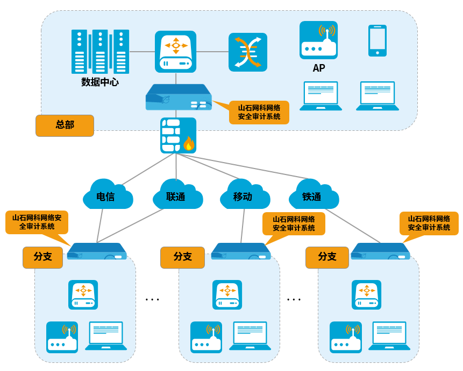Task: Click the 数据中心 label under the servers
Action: click(x=100, y=82)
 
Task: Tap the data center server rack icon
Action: click(x=100, y=52)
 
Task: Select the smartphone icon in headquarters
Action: click(x=377, y=40)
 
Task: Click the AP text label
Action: click(x=319, y=68)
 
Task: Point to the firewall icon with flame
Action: click(x=178, y=136)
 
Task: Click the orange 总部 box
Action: click(x=65, y=125)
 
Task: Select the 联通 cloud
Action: click(x=176, y=196)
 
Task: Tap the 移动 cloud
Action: click(x=243, y=196)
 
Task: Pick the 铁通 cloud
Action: click(x=312, y=196)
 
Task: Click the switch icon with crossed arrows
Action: click(x=248, y=52)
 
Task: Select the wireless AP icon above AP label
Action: click(x=318, y=40)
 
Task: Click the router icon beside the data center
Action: click(x=176, y=52)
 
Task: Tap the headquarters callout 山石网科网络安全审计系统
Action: click(x=259, y=113)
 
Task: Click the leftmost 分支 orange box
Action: click(x=42, y=257)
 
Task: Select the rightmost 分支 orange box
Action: click(x=327, y=257)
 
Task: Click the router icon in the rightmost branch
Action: click(x=366, y=295)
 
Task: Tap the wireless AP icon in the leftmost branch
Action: click(x=62, y=337)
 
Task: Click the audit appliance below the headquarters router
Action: click(x=178, y=97)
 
